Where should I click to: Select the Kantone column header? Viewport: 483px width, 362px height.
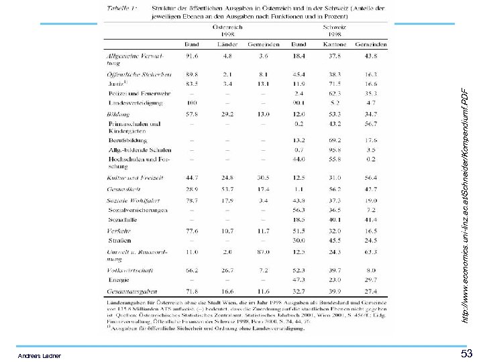point(335,45)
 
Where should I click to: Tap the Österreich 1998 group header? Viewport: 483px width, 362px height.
point(227,30)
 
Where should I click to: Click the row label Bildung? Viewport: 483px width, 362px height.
point(119,115)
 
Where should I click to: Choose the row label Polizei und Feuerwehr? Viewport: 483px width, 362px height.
point(139,93)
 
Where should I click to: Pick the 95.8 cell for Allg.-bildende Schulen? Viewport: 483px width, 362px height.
point(335,150)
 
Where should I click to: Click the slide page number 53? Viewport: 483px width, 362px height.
point(467,353)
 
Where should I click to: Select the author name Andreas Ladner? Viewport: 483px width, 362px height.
point(40,355)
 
